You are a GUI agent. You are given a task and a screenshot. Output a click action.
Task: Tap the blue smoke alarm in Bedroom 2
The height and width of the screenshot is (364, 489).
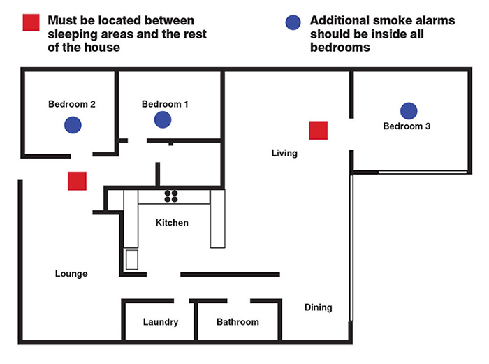(x=73, y=125)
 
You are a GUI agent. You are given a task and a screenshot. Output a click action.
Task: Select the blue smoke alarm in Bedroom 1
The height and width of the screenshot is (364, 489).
(x=163, y=119)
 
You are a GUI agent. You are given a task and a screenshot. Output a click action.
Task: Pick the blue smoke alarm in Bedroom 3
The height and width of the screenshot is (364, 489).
(x=409, y=110)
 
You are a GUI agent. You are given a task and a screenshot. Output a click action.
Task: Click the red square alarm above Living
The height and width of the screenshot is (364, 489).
(x=319, y=130)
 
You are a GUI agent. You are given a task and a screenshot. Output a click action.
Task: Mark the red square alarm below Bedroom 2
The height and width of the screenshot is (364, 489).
(x=77, y=181)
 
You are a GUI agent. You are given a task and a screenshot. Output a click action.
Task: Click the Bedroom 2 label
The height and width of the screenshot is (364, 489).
(x=71, y=104)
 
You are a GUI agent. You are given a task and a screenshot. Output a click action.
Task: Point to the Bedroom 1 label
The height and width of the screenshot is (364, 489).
(x=165, y=104)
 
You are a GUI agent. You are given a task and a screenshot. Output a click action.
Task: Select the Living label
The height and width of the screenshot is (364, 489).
(x=284, y=153)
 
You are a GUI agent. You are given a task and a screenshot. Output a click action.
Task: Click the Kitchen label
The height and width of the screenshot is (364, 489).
(x=172, y=223)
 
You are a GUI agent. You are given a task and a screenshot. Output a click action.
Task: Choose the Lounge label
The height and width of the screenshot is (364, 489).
(x=71, y=273)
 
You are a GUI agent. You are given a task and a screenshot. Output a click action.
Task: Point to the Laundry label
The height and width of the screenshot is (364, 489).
(x=161, y=322)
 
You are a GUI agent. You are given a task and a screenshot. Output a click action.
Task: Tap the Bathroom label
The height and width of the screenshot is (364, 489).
(x=238, y=322)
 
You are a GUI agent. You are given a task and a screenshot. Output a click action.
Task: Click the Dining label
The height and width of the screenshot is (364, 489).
(x=318, y=307)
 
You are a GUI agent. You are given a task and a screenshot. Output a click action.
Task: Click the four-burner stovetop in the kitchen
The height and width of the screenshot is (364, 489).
(x=172, y=196)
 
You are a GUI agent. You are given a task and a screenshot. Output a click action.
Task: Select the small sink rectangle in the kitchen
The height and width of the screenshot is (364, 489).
(x=132, y=259)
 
